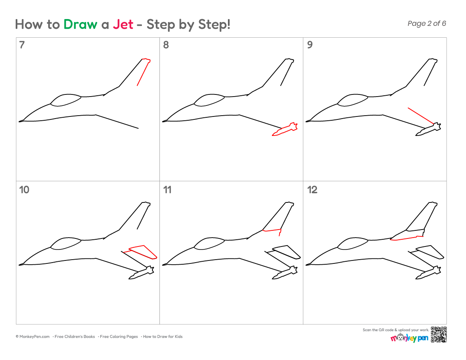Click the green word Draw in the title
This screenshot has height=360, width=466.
pyautogui.click(x=80, y=25)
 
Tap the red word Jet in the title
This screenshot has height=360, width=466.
pyautogui.click(x=123, y=25)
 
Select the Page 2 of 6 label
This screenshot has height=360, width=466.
pyautogui.click(x=427, y=23)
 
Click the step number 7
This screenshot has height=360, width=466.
pyautogui.click(x=22, y=45)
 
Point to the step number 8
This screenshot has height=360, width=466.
pyautogui.click(x=166, y=45)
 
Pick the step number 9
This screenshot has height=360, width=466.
pyautogui.click(x=310, y=45)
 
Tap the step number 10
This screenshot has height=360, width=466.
pyautogui.click(x=24, y=190)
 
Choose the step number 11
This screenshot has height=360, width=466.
pyautogui.click(x=167, y=190)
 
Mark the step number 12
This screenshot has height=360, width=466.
pyautogui.click(x=312, y=190)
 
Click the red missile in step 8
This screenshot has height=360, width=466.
pyautogui.click(x=285, y=129)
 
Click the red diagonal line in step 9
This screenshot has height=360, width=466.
pyautogui.click(x=421, y=116)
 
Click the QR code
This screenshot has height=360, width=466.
pyautogui.click(x=438, y=335)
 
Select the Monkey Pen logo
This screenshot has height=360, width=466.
pyautogui.click(x=410, y=338)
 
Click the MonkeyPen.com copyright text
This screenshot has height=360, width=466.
pyautogui.click(x=33, y=337)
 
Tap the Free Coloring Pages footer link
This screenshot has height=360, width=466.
pyautogui.click(x=119, y=337)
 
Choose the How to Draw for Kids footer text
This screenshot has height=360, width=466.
pyautogui.click(x=163, y=337)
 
